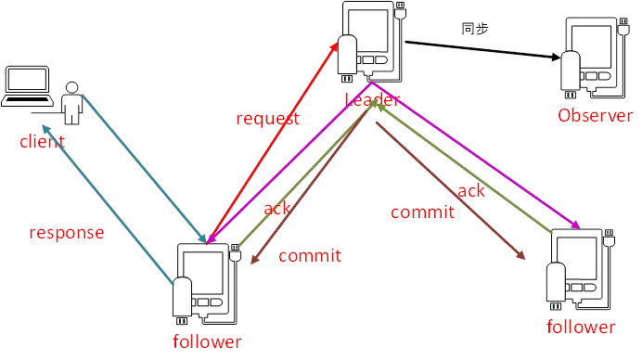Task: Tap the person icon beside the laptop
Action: click(x=71, y=102)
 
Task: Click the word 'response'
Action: click(x=66, y=233)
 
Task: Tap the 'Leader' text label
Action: click(x=372, y=98)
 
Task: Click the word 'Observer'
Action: click(x=595, y=115)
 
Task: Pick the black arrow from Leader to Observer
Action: click(x=482, y=46)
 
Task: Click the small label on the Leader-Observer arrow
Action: click(x=474, y=31)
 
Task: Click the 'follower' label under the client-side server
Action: click(x=207, y=341)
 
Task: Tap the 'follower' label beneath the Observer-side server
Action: click(x=581, y=327)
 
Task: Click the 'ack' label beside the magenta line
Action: click(x=471, y=190)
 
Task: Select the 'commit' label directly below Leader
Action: click(x=422, y=212)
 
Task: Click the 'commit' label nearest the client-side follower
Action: click(x=309, y=255)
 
